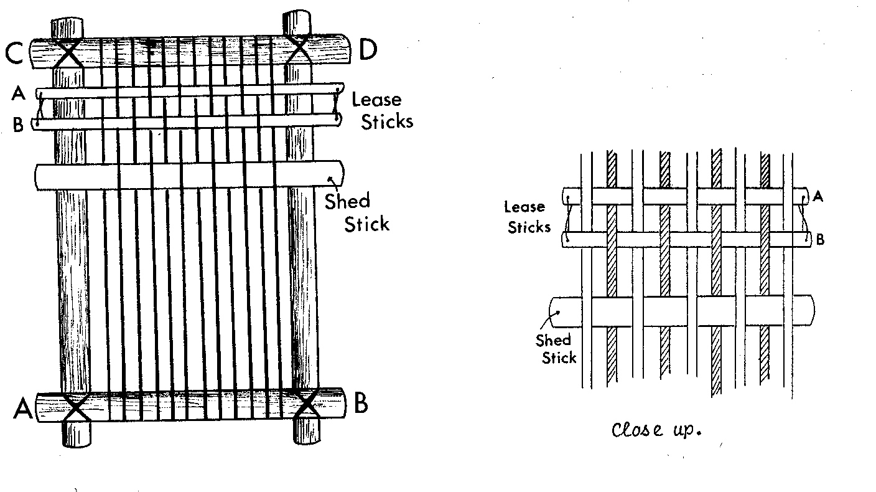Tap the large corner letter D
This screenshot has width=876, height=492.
pyautogui.click(x=368, y=50)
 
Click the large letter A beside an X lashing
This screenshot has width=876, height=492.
pyautogui.click(x=23, y=409)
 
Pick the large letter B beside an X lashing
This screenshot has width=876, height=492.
pyautogui.click(x=360, y=404)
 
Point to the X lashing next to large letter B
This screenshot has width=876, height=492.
pyautogui.click(x=307, y=406)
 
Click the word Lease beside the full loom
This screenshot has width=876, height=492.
pyautogui.click(x=376, y=100)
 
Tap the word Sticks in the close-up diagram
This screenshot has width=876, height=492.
pyautogui.click(x=529, y=227)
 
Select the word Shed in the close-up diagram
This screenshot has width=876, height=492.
pyautogui.click(x=553, y=341)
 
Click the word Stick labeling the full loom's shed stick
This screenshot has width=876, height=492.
pyautogui.click(x=367, y=224)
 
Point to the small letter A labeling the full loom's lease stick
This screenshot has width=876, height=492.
pyautogui.click(x=18, y=93)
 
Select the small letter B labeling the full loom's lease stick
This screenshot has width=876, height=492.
pyautogui.click(x=18, y=125)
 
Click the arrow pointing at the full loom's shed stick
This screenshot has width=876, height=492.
pyautogui.click(x=334, y=182)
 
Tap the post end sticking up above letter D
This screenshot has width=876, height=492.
pyautogui.click(x=297, y=21)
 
